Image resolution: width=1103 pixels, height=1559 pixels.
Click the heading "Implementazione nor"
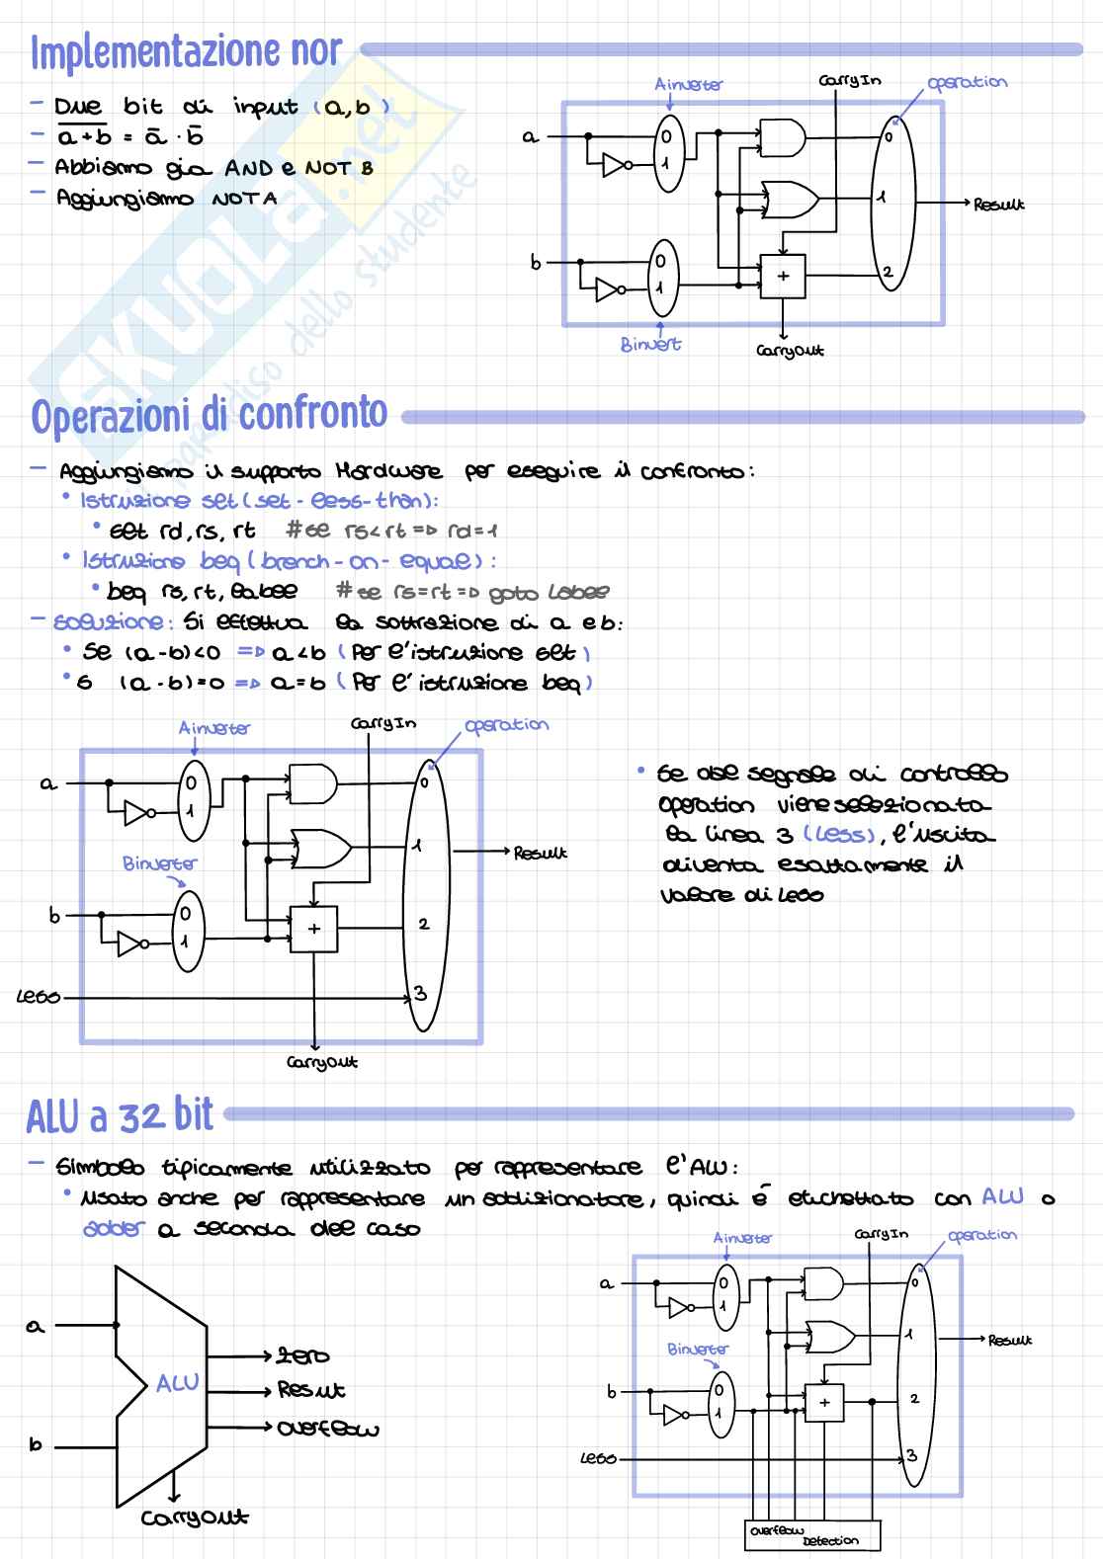click(186, 52)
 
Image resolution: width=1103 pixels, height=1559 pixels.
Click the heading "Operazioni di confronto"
click(209, 416)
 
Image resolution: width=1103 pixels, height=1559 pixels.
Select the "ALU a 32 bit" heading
click(120, 1115)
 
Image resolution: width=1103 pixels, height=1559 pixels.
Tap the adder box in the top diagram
click(783, 277)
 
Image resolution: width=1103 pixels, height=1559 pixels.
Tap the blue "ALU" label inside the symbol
click(178, 1383)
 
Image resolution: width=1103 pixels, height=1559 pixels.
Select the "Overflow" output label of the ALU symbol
click(328, 1429)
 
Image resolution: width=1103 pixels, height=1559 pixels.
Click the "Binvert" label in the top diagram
click(650, 345)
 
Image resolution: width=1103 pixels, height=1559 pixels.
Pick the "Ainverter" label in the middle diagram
click(214, 728)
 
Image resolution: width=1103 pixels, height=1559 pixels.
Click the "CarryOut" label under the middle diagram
click(322, 1063)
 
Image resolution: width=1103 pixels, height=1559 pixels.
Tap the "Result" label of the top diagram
click(998, 205)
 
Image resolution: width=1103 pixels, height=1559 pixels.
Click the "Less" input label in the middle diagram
click(40, 998)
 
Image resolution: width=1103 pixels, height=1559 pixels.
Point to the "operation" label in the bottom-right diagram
click(981, 1235)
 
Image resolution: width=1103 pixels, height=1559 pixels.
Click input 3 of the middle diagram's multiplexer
click(421, 994)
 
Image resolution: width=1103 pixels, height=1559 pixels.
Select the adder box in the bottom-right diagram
click(824, 1402)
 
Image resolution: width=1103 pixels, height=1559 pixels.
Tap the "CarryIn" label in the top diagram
click(850, 81)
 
